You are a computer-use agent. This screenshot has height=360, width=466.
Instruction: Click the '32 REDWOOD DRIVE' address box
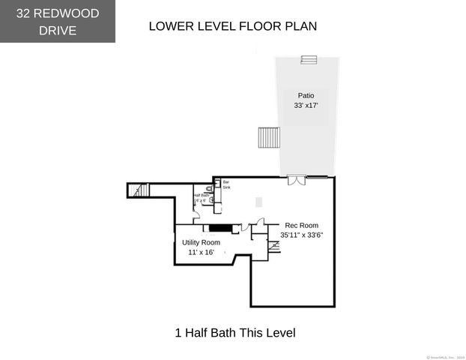coord(58,21)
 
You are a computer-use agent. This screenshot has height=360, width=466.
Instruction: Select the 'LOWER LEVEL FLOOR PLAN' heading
coord(232,26)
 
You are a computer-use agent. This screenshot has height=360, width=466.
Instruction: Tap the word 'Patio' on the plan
coord(306,96)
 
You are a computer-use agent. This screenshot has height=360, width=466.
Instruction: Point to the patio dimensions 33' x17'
coord(306,106)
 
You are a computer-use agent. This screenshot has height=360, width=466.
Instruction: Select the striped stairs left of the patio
coord(269,138)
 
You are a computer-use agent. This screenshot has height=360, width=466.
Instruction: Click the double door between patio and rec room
coord(297,180)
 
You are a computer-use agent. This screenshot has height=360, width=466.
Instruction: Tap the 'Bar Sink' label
coord(226,184)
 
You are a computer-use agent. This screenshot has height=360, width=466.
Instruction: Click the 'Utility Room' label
coord(201,243)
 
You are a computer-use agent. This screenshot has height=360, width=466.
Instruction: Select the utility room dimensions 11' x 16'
coord(201,253)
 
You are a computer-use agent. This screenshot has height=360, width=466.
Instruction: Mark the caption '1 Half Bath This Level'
coord(235,332)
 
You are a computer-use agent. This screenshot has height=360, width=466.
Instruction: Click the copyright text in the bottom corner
coord(446,356)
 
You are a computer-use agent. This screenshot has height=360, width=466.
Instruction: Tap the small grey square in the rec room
coord(259,202)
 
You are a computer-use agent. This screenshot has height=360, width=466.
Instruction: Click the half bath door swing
coord(196,214)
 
